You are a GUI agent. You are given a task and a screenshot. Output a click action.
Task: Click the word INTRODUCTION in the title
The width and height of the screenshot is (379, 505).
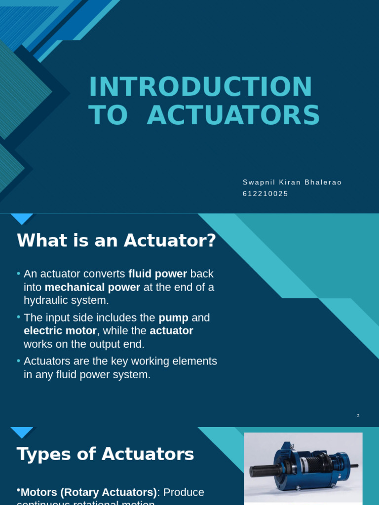coord(200,87)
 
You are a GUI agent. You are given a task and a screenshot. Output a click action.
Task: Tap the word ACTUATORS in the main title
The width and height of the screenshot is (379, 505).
coord(233,116)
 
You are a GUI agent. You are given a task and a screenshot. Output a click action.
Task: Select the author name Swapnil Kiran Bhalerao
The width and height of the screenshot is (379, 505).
coord(292,182)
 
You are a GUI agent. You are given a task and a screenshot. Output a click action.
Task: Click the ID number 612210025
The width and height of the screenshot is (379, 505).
coord(265,194)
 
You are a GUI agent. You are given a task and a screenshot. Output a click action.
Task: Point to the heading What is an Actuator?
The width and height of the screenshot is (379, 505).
coord(116,241)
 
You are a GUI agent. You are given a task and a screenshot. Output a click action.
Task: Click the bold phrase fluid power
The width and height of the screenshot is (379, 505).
coord(157,274)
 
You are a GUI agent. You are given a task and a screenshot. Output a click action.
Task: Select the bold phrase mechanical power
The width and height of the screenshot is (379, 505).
coord(92,287)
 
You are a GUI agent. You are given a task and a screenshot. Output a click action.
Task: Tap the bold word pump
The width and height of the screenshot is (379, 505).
coord(173,318)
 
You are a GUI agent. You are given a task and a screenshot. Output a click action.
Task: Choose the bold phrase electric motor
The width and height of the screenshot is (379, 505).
coord(60,331)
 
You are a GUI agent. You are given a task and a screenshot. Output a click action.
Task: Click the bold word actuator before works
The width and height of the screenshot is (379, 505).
coord(171,331)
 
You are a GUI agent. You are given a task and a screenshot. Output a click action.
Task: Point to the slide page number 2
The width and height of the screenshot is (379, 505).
coord(358,416)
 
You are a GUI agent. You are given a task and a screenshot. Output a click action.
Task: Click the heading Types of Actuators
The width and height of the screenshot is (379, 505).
coord(105,454)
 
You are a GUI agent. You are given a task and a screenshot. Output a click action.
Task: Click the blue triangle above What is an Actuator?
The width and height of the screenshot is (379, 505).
coord(22,218)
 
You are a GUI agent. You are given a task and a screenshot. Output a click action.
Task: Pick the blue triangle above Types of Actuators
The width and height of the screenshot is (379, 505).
coord(22,432)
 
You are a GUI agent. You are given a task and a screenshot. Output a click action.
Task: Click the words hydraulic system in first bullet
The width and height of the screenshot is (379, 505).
coord(66,300)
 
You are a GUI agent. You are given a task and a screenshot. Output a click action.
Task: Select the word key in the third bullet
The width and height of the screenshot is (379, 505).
coord(126,361)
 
